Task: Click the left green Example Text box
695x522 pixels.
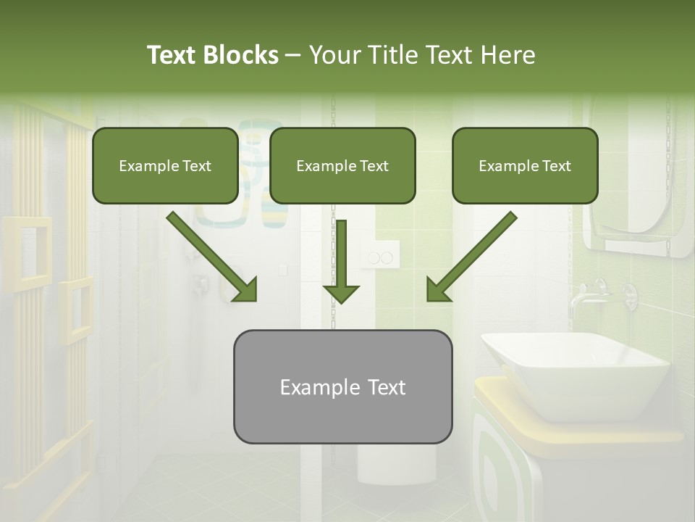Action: pos(165,165)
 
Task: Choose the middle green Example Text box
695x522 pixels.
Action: pos(342,165)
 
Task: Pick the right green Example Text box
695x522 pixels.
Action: pos(525,165)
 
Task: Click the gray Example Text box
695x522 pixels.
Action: pos(342,386)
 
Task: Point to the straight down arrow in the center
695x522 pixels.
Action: pos(341,261)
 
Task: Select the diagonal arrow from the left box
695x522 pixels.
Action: pos(212,257)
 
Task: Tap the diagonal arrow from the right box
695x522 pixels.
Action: pos(471,257)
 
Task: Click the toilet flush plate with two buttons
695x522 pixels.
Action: pos(380,257)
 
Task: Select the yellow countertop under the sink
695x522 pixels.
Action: pos(579,428)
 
